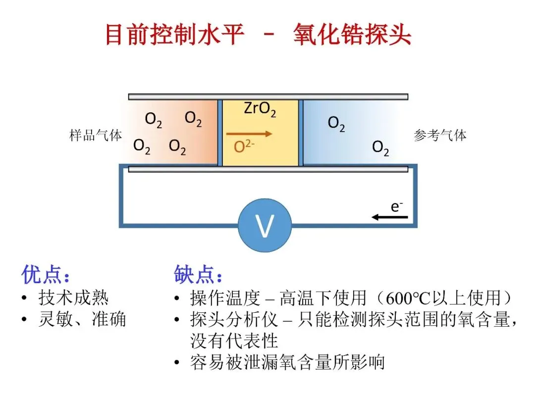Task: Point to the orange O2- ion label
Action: (244, 147)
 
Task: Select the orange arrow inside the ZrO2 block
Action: (249, 133)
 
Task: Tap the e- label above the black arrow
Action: (396, 206)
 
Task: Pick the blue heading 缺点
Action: (198, 275)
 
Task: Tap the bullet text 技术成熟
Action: (73, 298)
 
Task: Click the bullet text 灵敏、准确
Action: (82, 319)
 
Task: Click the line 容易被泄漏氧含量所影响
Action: (287, 363)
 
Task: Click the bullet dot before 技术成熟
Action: (24, 299)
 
